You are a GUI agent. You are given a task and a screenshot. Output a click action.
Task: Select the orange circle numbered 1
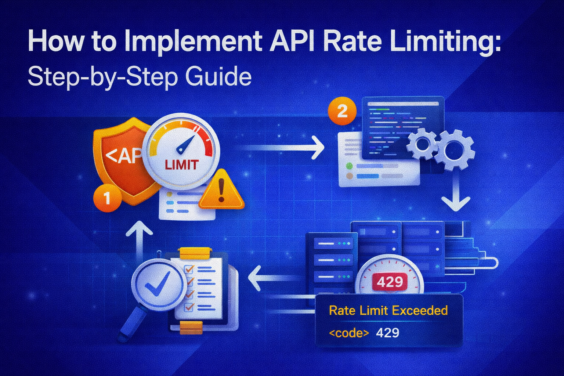click(107, 199)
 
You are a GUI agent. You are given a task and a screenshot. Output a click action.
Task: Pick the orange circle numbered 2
click(342, 111)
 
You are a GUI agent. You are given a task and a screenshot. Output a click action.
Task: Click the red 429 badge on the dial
click(390, 282)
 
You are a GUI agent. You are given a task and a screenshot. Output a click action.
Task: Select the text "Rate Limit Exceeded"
click(388, 311)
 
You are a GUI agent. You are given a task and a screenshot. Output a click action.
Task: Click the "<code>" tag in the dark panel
click(348, 333)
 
